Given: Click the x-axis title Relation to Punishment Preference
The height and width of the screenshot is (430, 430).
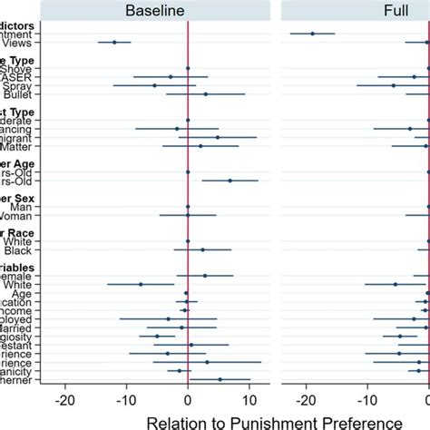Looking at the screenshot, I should (x=246, y=421).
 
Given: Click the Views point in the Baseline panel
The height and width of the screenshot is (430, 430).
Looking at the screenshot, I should (x=114, y=42).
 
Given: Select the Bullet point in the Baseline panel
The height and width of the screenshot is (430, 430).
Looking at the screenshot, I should (x=206, y=93).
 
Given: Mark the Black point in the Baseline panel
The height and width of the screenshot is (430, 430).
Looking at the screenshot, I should (x=202, y=249).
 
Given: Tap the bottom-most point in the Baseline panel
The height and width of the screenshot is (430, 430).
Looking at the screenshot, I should (x=220, y=379).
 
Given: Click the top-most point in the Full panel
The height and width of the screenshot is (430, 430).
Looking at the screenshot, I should (x=313, y=34).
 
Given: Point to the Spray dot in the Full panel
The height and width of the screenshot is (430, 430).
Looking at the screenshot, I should (x=393, y=85).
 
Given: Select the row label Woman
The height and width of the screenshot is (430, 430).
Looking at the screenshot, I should (x=18, y=215).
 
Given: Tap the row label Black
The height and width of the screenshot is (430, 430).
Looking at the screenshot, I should (x=19, y=249).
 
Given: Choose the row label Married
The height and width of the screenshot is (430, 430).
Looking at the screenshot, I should (x=18, y=327).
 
